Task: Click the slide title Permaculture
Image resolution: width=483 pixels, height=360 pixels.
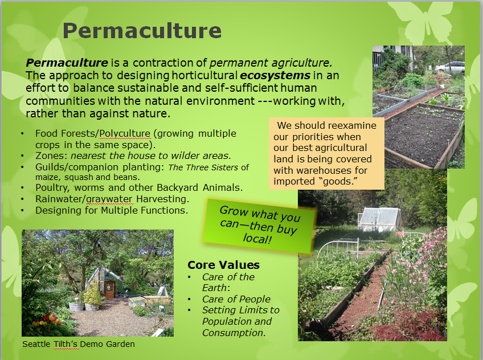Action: [x=142, y=31]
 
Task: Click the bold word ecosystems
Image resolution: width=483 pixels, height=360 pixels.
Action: [x=275, y=75]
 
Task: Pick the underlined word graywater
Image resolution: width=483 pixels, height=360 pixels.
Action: [x=110, y=199]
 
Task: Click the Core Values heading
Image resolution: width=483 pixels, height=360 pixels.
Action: [x=224, y=265]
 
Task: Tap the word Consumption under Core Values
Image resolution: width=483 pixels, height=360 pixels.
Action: [x=234, y=333]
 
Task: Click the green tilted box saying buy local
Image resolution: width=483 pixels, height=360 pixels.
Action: [x=259, y=226]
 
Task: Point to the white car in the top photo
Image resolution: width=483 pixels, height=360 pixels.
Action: [x=451, y=67]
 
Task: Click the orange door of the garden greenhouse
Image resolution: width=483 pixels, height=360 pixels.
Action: [x=109, y=289]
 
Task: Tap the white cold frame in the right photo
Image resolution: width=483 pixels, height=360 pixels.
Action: [x=379, y=219]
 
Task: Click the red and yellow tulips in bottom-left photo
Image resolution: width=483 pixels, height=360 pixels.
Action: [x=47, y=320]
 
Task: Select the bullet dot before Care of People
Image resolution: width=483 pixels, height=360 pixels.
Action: [x=190, y=299]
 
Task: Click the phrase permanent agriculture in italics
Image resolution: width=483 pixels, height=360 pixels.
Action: [x=271, y=63]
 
